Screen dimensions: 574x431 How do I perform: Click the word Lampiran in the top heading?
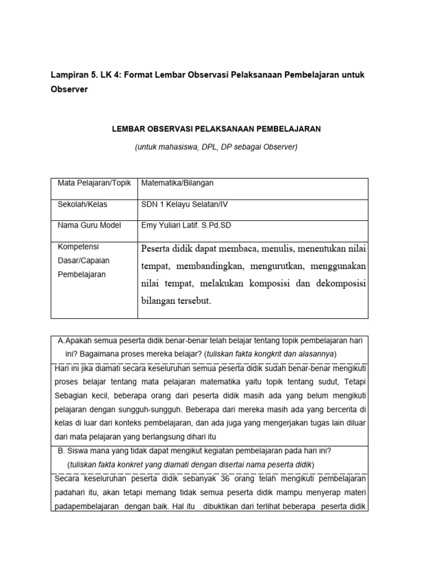[69, 75]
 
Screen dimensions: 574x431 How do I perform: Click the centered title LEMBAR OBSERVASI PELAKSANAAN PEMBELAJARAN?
[217, 129]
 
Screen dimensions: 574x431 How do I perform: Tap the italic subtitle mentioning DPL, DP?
[216, 147]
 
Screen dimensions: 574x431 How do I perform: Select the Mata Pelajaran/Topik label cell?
[94, 183]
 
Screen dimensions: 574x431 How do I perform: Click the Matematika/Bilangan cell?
[177, 183]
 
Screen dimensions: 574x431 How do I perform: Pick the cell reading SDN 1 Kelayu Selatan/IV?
[185, 205]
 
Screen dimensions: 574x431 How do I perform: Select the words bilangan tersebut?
[176, 300]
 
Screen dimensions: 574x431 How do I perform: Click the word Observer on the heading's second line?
[70, 90]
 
